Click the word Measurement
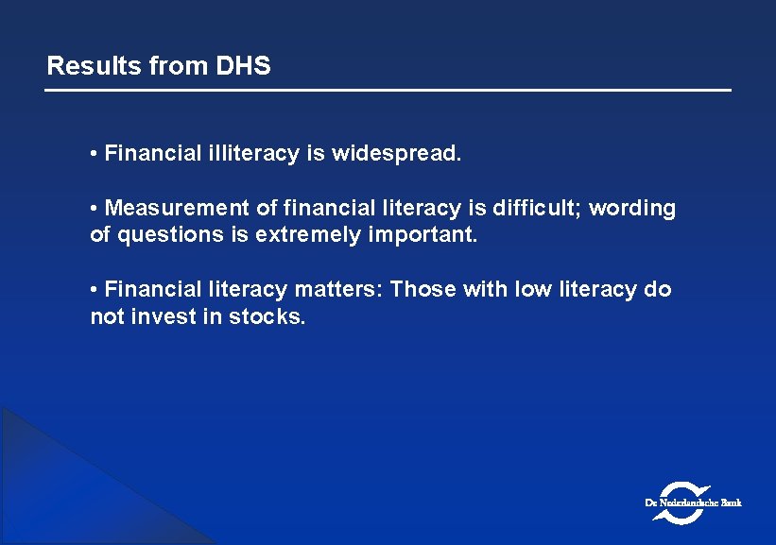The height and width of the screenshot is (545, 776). (x=179, y=208)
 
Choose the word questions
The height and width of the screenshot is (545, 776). (x=165, y=234)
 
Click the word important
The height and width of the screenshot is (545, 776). (x=422, y=234)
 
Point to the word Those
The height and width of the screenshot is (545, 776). (x=422, y=289)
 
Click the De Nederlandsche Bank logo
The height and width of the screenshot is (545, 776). (x=694, y=502)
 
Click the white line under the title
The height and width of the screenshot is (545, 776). (x=388, y=90)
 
